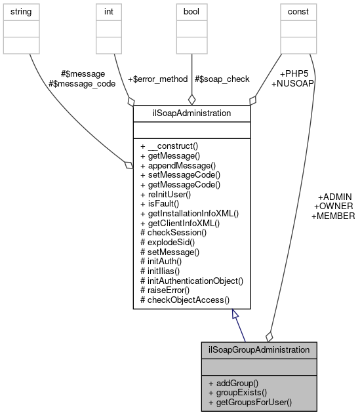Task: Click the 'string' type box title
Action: (x=23, y=12)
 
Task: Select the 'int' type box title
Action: (x=108, y=12)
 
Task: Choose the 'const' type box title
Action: (x=298, y=12)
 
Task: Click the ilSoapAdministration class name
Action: (x=191, y=113)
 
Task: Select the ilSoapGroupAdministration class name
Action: (x=258, y=349)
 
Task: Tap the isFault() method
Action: (x=161, y=204)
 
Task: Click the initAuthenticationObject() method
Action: (x=191, y=281)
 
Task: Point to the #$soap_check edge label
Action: (x=222, y=79)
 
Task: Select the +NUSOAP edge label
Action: (x=292, y=84)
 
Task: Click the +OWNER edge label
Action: (x=334, y=207)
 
